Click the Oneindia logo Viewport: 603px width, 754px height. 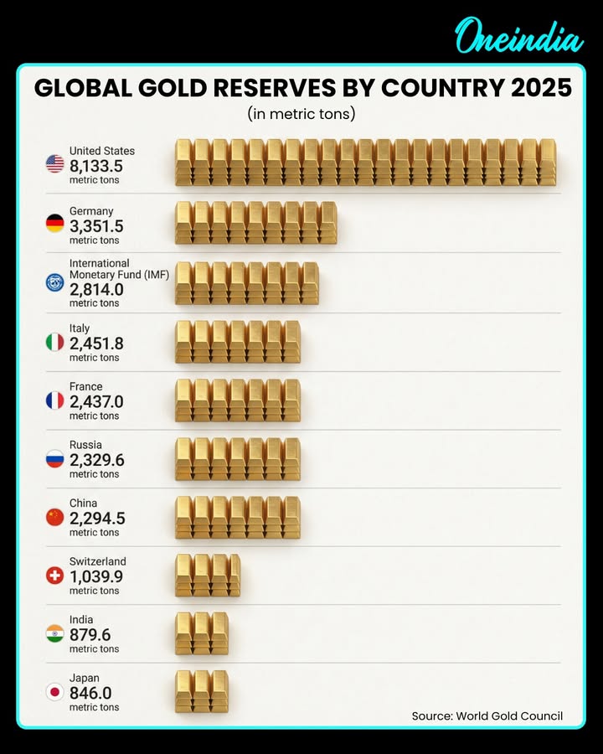(x=518, y=37)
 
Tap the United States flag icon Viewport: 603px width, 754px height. (x=54, y=164)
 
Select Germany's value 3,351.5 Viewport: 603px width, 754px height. (x=96, y=226)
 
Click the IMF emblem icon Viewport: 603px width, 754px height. (x=54, y=282)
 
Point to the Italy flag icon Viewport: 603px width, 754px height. (x=54, y=342)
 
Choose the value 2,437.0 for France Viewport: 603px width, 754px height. (x=96, y=401)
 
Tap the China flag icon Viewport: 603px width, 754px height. (x=54, y=517)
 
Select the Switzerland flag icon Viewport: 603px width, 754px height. (x=54, y=576)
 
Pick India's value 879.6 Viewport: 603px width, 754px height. (x=90, y=634)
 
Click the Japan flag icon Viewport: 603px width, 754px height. (x=54, y=692)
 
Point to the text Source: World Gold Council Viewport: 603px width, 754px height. (x=487, y=715)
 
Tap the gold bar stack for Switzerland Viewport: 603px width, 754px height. (x=208, y=575)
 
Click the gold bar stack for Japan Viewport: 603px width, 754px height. (x=201, y=691)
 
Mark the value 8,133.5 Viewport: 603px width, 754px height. (x=96, y=165)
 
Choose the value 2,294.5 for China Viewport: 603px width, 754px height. (x=96, y=518)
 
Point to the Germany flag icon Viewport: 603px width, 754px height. (x=54, y=224)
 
